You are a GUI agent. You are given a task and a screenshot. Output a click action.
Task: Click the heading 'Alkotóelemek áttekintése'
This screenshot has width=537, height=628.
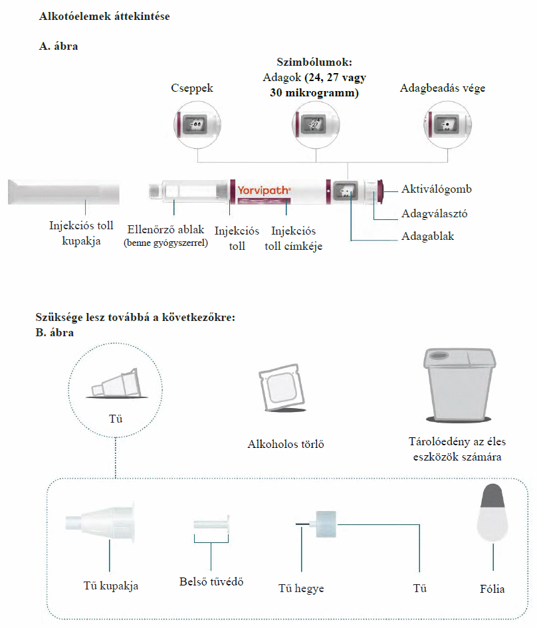tap(104, 16)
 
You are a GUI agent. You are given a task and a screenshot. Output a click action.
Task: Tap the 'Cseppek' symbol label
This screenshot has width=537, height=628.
tap(192, 88)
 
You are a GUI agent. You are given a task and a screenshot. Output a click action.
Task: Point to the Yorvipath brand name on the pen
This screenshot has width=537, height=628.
tap(264, 191)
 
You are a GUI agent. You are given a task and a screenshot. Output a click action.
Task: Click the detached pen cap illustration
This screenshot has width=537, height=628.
tap(64, 191)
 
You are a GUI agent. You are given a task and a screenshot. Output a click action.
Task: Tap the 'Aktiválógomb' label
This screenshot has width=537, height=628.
tap(436, 189)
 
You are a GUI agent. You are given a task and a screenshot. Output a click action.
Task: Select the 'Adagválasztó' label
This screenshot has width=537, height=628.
tap(434, 213)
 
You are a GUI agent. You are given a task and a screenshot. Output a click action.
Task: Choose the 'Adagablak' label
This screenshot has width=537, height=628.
tap(427, 236)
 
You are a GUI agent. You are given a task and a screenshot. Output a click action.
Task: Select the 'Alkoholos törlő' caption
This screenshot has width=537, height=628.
tap(285, 444)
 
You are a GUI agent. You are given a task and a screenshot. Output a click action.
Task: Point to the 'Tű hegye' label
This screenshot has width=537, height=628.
tap(301, 589)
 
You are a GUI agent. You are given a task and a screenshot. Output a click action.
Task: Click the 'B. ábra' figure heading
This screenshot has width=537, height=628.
tap(54, 332)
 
